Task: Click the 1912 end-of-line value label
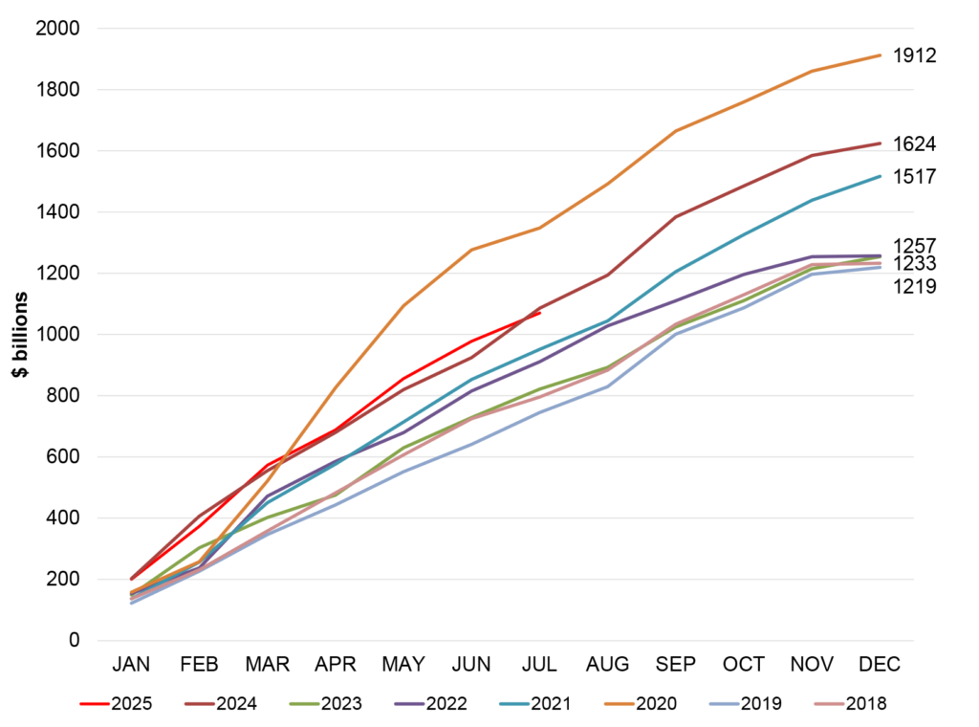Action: (914, 55)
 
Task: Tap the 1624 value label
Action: (914, 144)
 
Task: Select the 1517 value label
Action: (914, 177)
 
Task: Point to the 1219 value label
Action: (914, 286)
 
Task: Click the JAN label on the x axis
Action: (132, 665)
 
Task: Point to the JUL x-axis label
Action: (540, 665)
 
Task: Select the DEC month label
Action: (880, 665)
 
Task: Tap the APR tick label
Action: (336, 665)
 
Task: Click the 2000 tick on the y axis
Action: (57, 29)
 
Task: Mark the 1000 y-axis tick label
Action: (57, 335)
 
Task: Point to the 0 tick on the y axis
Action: (73, 640)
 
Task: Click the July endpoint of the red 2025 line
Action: (540, 313)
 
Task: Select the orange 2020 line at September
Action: (676, 131)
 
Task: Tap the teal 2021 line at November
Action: (812, 200)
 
